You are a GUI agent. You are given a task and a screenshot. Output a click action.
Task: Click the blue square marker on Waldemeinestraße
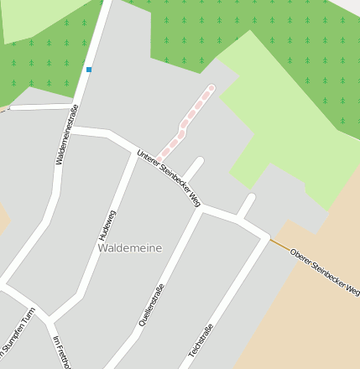coord(89,70)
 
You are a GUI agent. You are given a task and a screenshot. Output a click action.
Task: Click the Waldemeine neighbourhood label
coord(129,247)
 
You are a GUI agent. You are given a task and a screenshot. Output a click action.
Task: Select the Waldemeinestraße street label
coord(66,134)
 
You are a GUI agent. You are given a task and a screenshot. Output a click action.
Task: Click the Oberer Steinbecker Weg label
coord(324,272)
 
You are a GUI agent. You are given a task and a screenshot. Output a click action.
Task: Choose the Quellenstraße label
coord(151,304)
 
